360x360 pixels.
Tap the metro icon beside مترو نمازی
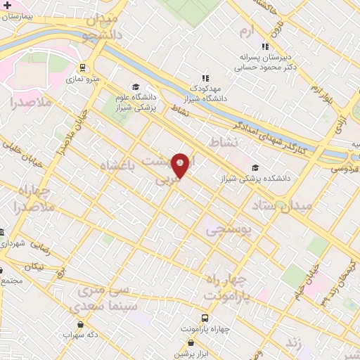click(84, 68)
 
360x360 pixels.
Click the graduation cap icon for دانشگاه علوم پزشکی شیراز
click(136, 87)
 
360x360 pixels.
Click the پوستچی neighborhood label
click(229, 230)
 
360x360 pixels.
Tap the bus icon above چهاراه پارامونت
click(205, 317)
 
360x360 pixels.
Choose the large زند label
click(295, 342)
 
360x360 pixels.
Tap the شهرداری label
click(15, 243)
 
